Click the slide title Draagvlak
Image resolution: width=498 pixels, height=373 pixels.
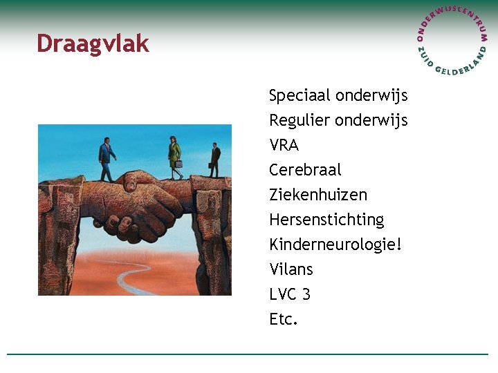(93, 44)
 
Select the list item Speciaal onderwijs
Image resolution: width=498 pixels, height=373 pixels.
(338, 95)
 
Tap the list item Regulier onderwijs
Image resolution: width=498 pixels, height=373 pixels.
(338, 120)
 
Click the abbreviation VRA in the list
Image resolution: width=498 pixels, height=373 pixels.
(284, 145)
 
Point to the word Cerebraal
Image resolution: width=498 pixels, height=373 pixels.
(305, 170)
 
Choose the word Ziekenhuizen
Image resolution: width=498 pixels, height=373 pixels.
(317, 195)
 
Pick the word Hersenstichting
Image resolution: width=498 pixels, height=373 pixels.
(326, 220)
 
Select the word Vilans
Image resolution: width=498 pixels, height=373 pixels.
(290, 269)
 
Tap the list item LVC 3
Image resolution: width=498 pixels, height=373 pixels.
(290, 294)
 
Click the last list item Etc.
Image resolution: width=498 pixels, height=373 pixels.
(283, 319)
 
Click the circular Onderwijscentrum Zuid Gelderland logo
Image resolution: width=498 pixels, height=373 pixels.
(452, 41)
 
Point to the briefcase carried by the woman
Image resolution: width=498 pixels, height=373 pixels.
(178, 164)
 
